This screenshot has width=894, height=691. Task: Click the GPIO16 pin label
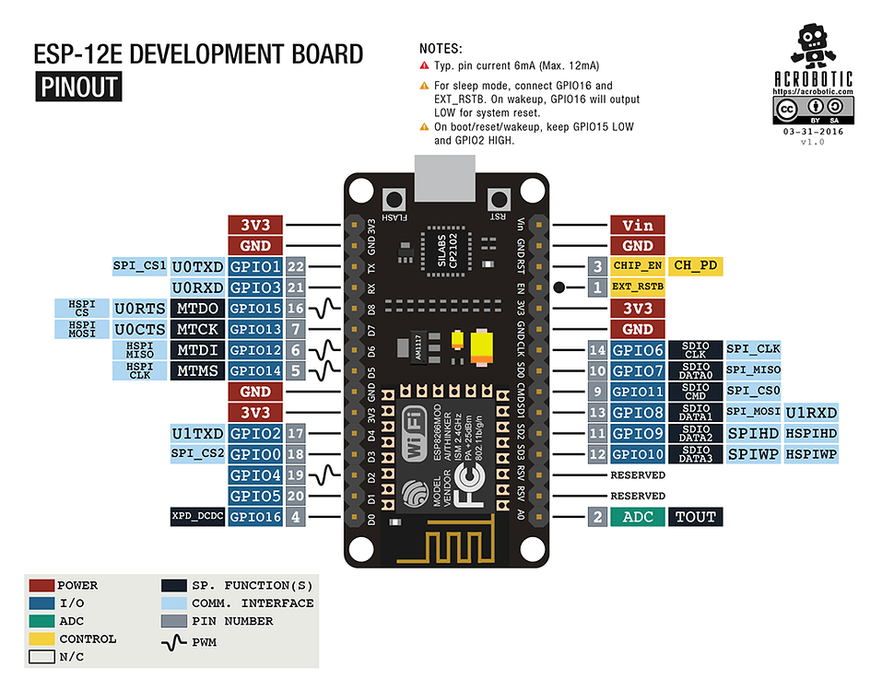[255, 517]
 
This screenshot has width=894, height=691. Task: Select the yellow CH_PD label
[696, 266]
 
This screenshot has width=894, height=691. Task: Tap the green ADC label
[638, 517]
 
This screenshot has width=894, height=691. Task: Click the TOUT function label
[696, 517]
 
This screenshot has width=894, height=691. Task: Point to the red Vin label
[638, 225]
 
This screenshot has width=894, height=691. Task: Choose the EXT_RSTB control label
[638, 287]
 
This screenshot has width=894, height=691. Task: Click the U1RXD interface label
[811, 413]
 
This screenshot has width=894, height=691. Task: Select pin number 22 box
[296, 266]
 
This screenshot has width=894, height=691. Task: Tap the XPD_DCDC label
[197, 517]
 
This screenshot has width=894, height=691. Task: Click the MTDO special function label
[197, 309]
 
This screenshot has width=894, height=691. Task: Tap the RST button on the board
[499, 199]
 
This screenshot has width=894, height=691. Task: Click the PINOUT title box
[78, 88]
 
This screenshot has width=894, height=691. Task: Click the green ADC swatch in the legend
[41, 621]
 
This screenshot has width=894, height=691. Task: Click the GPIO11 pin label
[638, 392]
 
